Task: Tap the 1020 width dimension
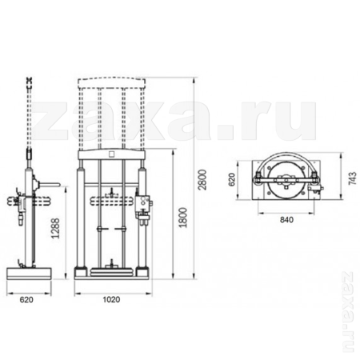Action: [x=112, y=301]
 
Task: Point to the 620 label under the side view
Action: [x=26, y=301]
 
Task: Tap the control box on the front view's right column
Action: [x=144, y=206]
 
